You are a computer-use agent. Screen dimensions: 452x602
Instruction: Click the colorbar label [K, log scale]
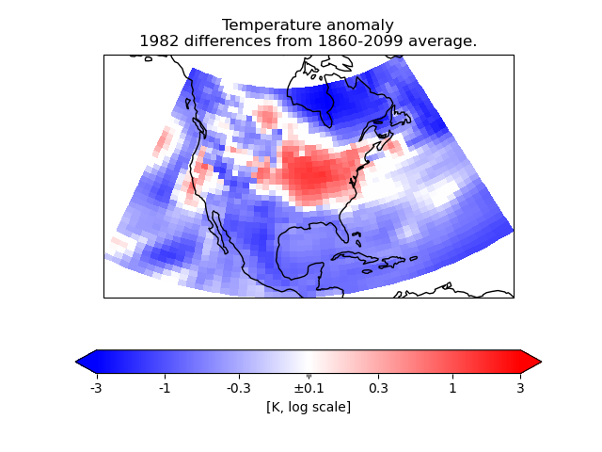[309, 406]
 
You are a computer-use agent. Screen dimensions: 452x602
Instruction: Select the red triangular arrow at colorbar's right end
[531, 362]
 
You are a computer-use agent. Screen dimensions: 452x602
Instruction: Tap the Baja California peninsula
[225, 235]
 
